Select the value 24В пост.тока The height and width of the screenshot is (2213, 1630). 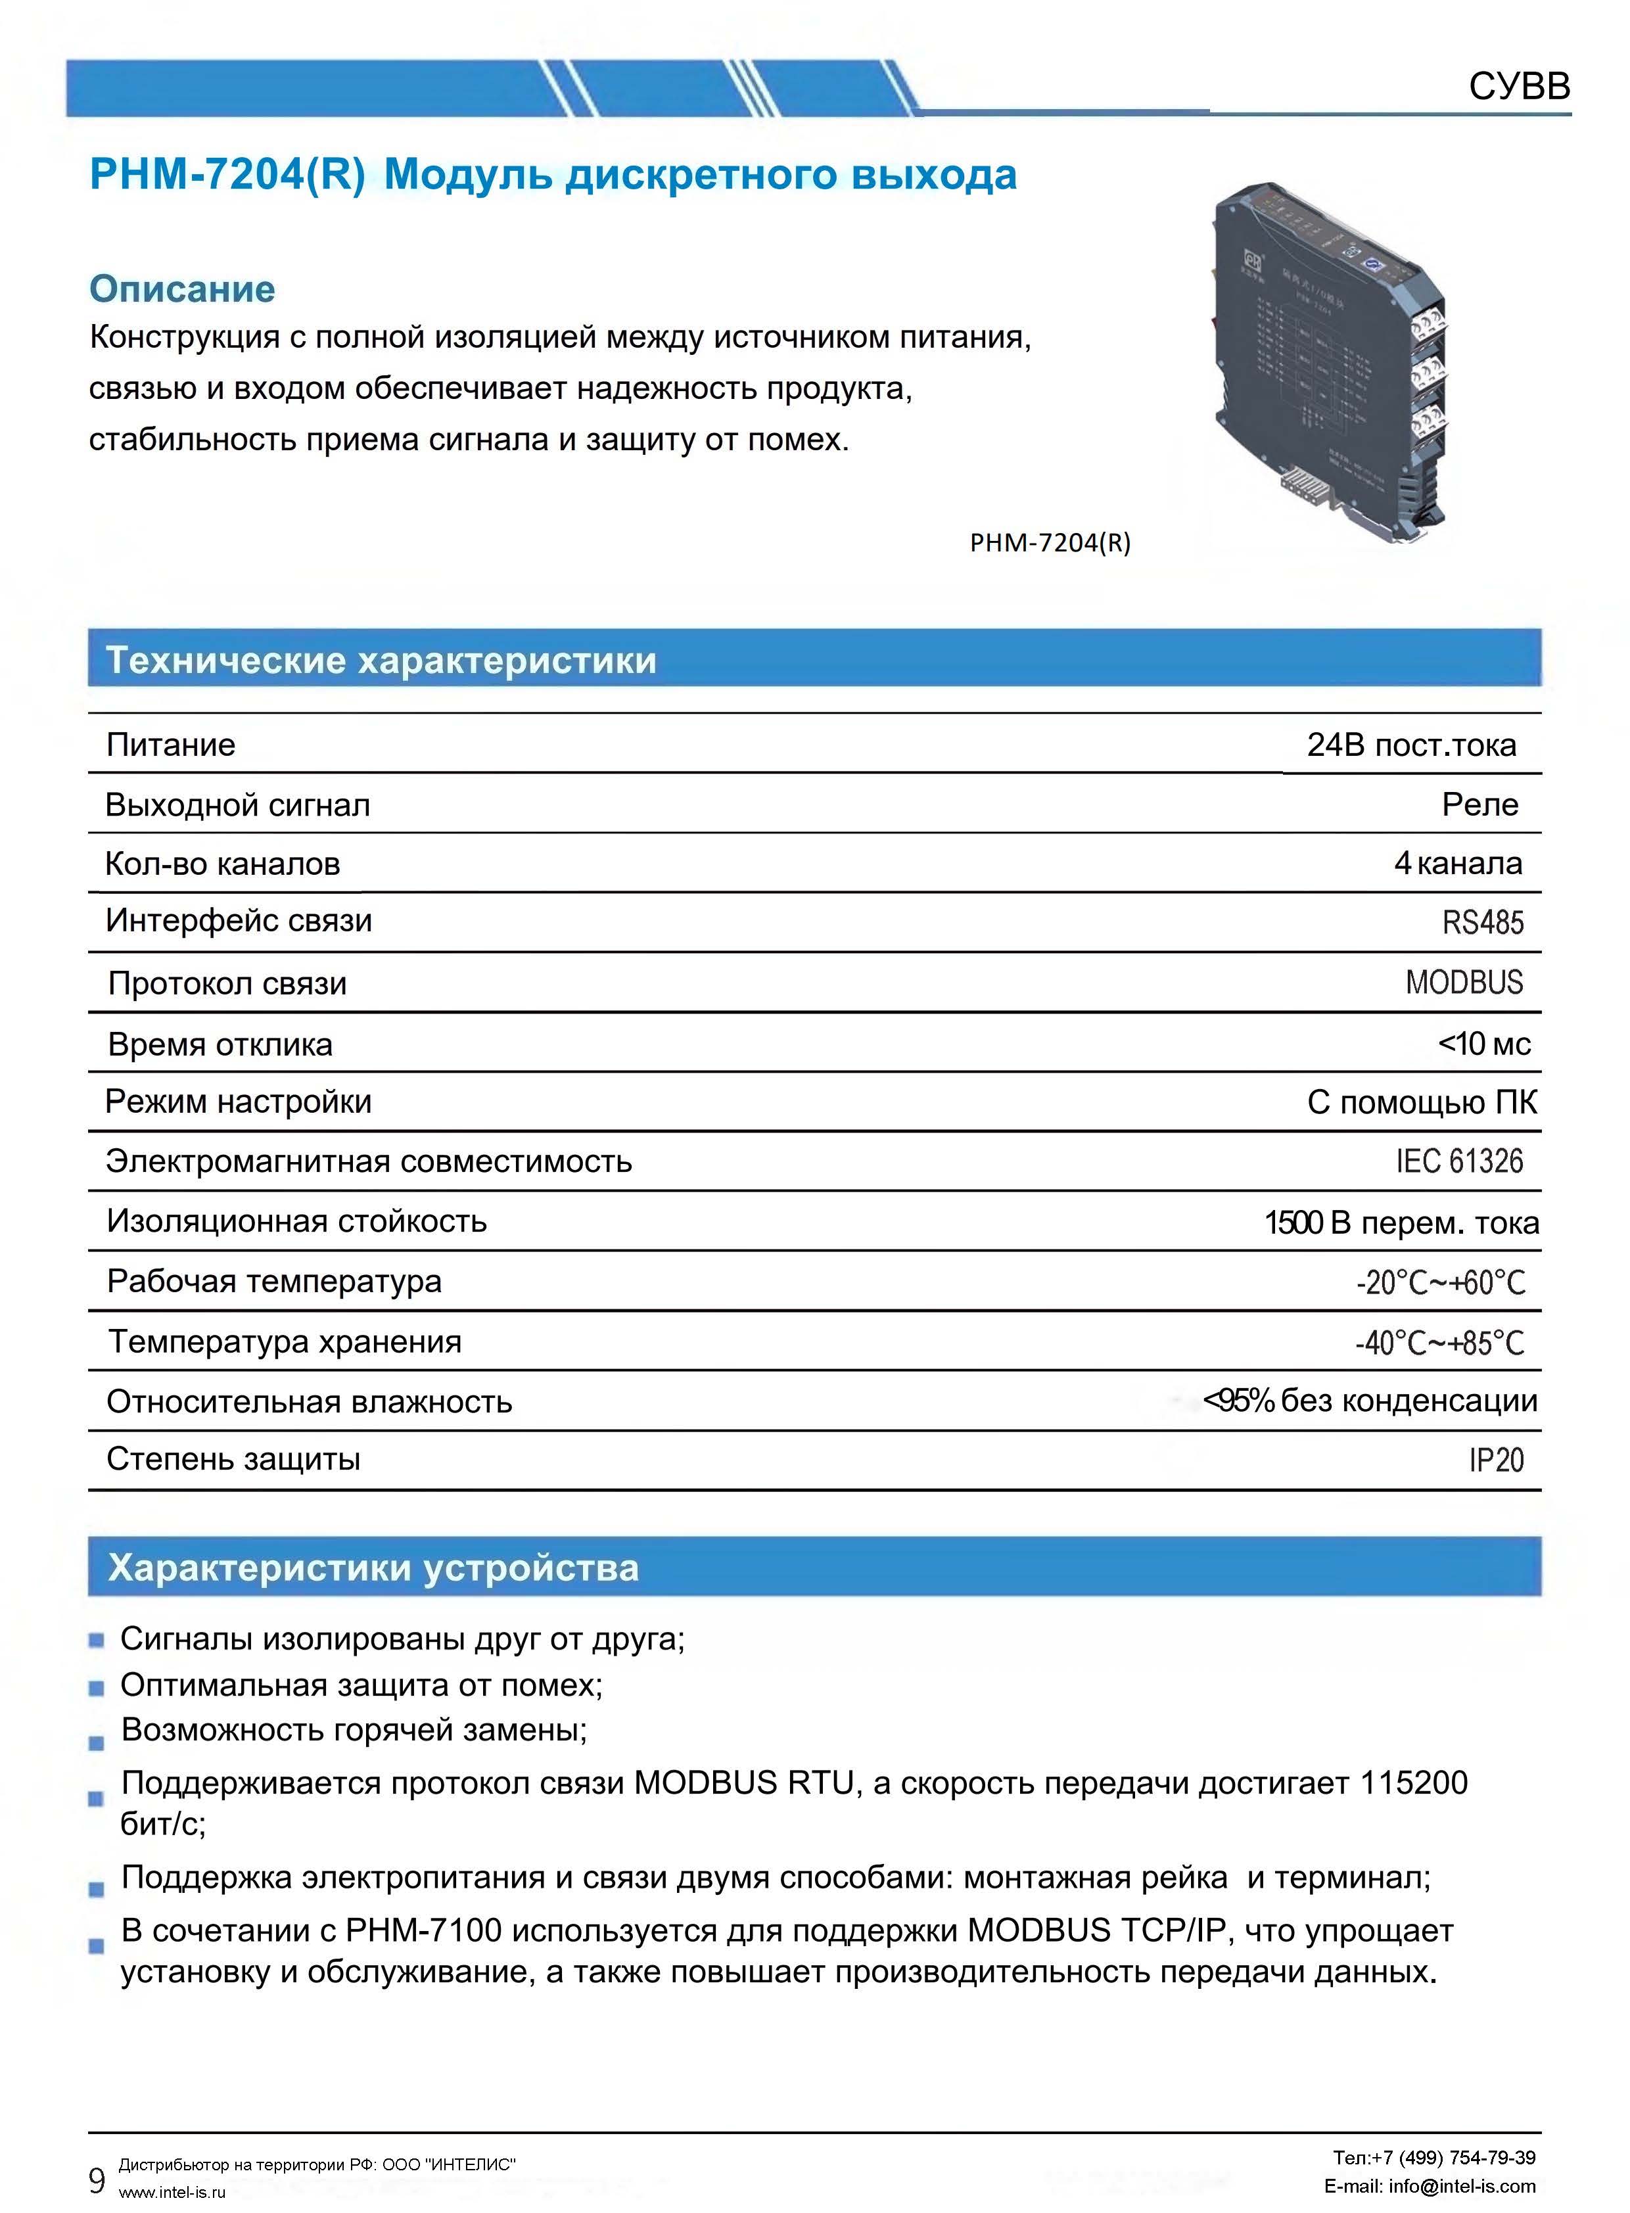[x=1411, y=744]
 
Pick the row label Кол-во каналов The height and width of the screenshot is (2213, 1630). [x=222, y=864]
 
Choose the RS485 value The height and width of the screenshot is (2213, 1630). [x=1482, y=923]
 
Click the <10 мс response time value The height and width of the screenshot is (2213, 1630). [x=1484, y=1044]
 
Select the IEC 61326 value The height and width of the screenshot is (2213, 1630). [x=1459, y=1161]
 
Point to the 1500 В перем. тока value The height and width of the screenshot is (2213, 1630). [x=1401, y=1223]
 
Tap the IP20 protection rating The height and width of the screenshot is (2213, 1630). [x=1496, y=1460]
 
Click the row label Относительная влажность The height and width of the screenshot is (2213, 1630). [x=309, y=1402]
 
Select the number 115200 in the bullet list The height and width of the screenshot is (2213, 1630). [x=1413, y=1783]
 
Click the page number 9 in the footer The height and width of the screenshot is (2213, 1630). [x=97, y=2180]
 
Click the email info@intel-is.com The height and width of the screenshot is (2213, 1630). [x=1461, y=2186]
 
